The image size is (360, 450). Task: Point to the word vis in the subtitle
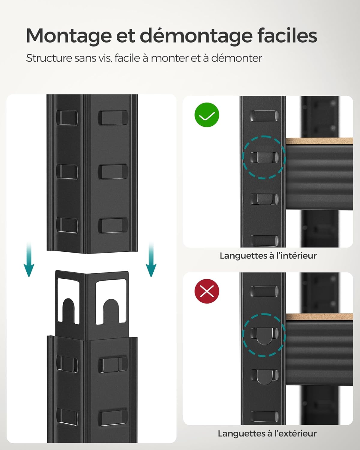point(105,58)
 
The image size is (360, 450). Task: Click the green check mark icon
point(207,115)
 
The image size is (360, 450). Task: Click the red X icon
point(207,291)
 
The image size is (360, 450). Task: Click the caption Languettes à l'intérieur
point(268,256)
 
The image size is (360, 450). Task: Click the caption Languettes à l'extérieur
point(267,433)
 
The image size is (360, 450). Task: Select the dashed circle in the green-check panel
point(264,157)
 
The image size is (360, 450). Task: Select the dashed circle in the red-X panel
point(264,335)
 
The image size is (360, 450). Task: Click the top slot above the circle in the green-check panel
point(264,116)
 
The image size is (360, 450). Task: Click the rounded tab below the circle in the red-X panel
point(265,377)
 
